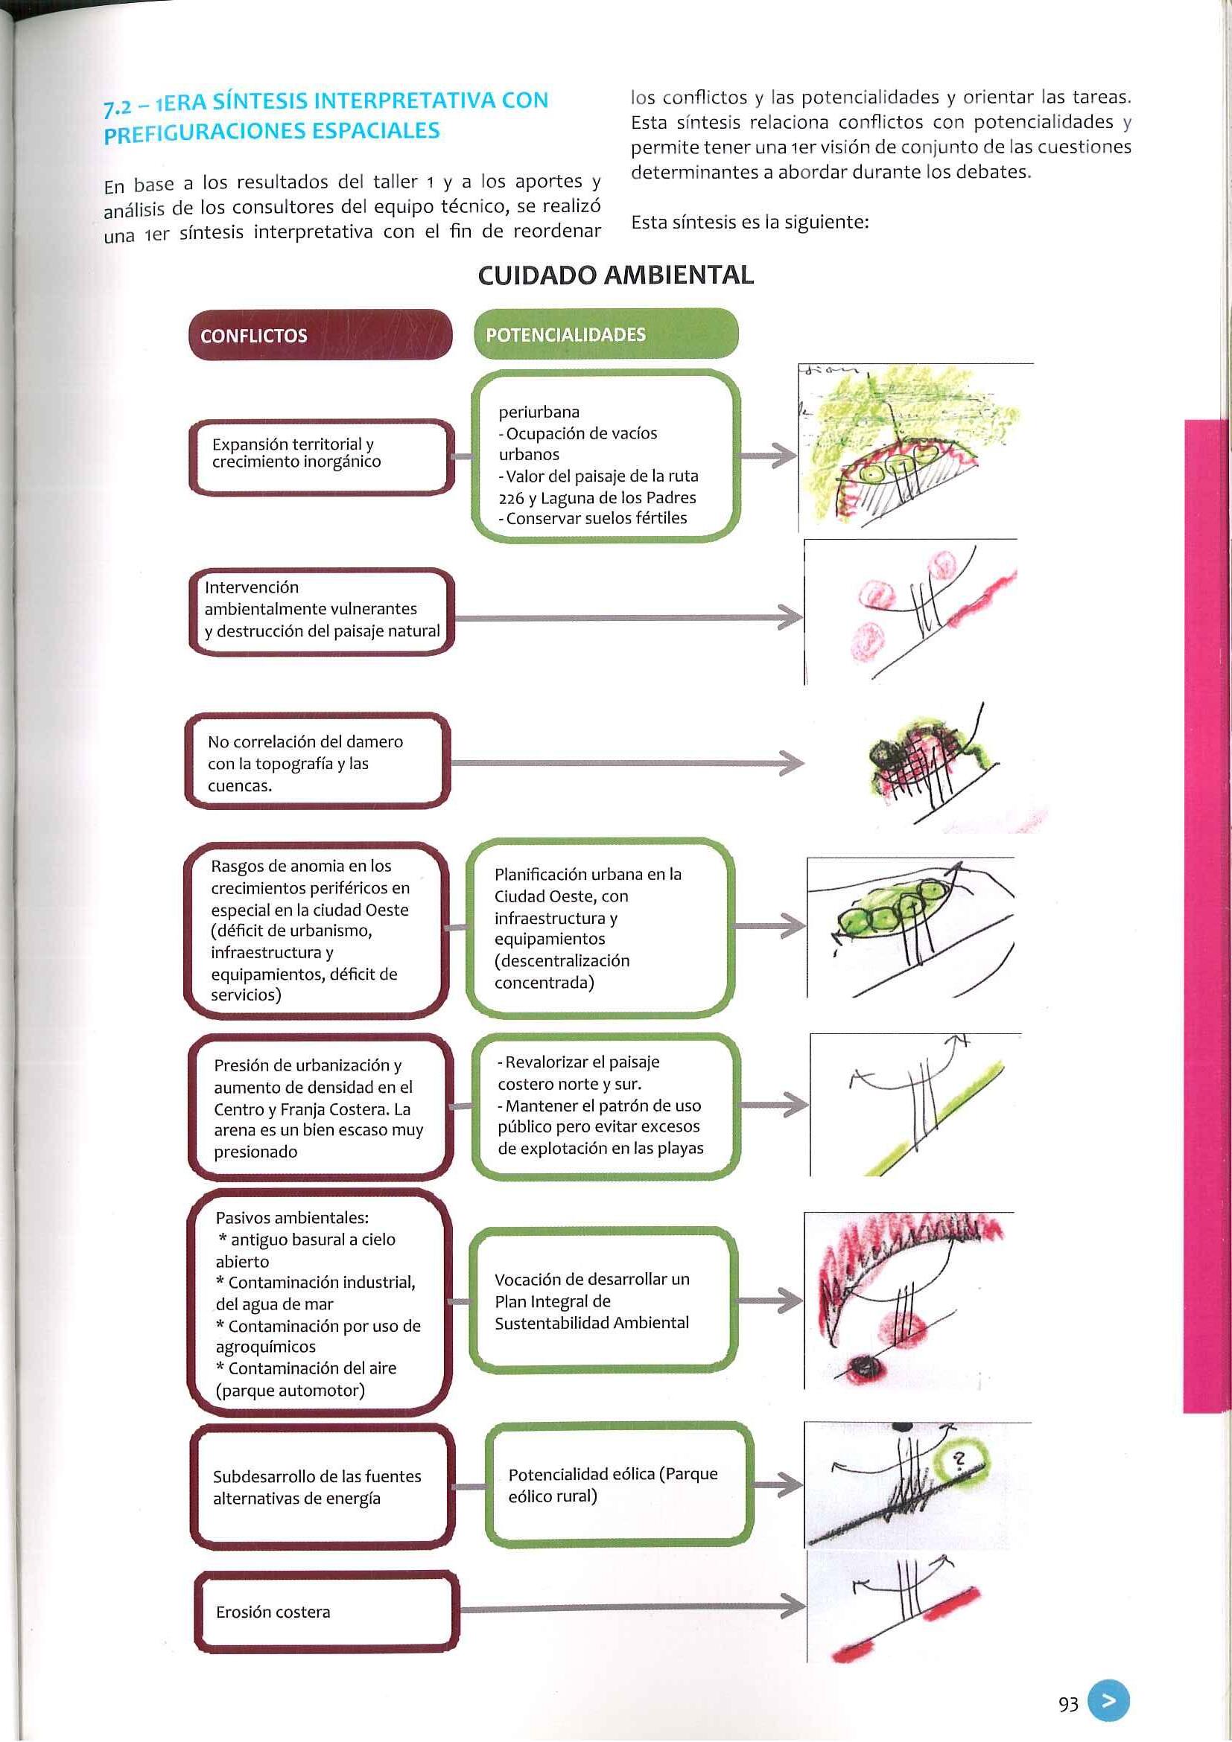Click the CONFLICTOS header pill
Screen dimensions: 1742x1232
pyautogui.click(x=320, y=334)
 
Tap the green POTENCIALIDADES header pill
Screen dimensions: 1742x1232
pyautogui.click(x=605, y=334)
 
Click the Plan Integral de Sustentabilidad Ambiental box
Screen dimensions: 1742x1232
pyautogui.click(x=603, y=1301)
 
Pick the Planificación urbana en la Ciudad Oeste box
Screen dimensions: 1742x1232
pyautogui.click(x=600, y=928)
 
